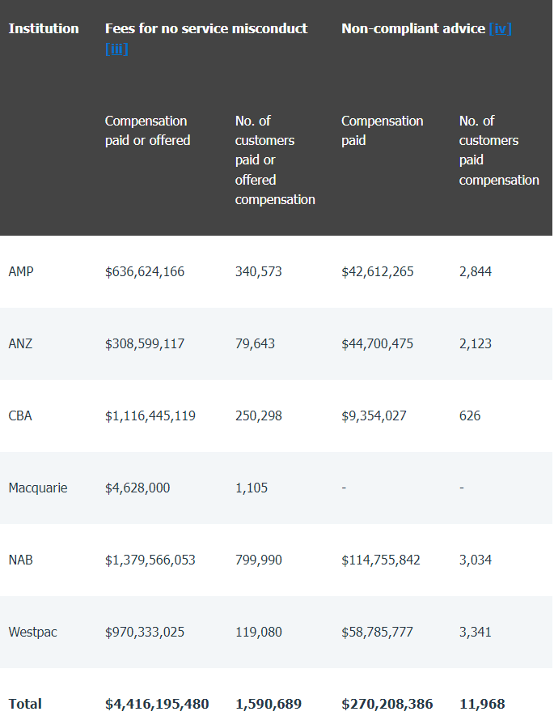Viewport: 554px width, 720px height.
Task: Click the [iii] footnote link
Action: click(x=116, y=49)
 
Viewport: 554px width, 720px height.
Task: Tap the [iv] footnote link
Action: click(x=500, y=28)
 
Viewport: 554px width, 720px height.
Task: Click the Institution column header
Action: click(x=44, y=28)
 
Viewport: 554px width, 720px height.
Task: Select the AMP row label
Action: click(x=21, y=271)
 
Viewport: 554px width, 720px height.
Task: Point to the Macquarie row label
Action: click(x=38, y=488)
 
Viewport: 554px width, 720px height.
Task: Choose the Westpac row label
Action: click(x=32, y=632)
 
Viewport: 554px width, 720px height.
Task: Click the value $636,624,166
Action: click(x=145, y=271)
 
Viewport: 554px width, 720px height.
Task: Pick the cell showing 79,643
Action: click(x=255, y=343)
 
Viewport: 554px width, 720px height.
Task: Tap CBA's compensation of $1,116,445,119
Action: click(x=150, y=415)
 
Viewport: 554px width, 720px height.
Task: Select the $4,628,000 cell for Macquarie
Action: click(x=137, y=488)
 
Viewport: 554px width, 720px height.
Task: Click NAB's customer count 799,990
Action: click(x=259, y=560)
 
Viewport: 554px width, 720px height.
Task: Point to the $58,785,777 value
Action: click(x=378, y=632)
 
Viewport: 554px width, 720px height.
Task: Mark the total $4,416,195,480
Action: click(x=157, y=704)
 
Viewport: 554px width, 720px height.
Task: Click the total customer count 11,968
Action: click(x=482, y=704)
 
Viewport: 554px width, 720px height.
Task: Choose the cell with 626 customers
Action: click(x=470, y=415)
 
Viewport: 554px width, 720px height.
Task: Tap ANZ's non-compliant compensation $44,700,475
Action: click(x=378, y=343)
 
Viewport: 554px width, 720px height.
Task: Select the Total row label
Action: click(x=25, y=704)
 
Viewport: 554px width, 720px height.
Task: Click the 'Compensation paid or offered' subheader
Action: click(x=148, y=130)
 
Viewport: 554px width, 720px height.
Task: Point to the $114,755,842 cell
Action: click(x=381, y=560)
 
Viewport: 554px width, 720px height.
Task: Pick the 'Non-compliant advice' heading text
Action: click(x=412, y=28)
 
